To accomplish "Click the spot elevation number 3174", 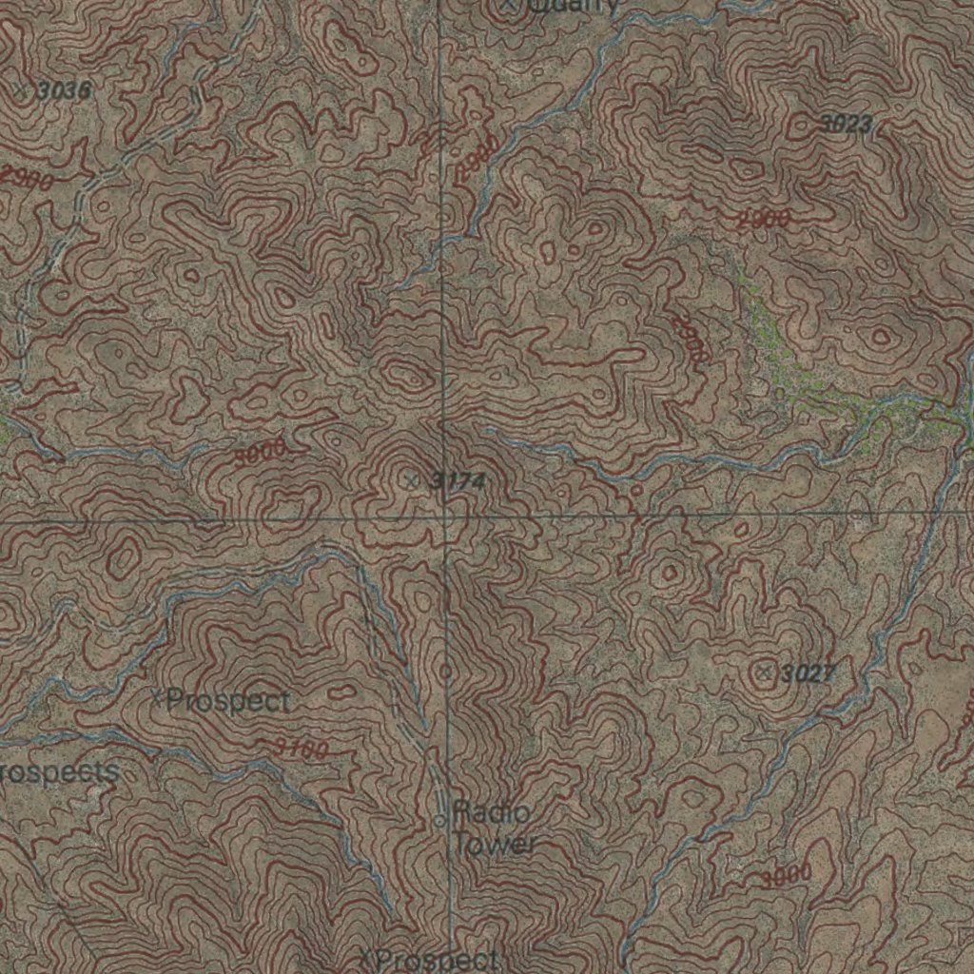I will tap(458, 481).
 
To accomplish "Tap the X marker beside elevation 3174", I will tap(411, 480).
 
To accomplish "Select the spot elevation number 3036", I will tap(65, 91).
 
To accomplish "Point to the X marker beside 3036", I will tap(22, 90).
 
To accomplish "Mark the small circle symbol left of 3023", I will tap(801, 124).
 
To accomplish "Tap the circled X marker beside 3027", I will tap(764, 673).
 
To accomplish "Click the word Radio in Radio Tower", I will tap(491, 813).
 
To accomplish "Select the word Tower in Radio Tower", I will tap(495, 844).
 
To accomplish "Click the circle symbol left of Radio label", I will tap(439, 820).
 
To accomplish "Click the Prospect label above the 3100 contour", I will tap(228, 702).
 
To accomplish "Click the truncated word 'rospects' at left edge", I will tap(59, 771).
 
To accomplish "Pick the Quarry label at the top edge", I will tap(571, 6).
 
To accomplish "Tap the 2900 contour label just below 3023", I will tap(764, 220).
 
